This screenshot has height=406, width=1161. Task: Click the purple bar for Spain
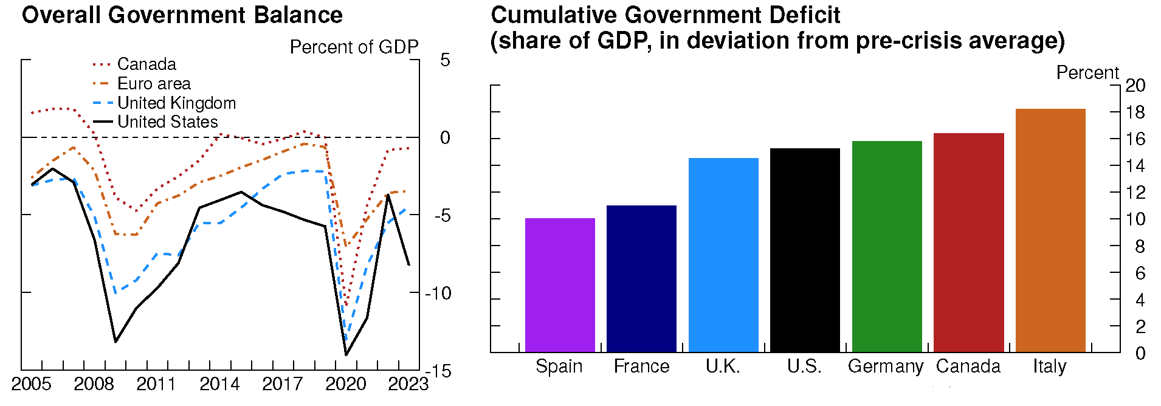click(560, 285)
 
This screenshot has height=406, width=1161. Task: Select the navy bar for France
click(641, 279)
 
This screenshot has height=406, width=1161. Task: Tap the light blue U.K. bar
click(723, 255)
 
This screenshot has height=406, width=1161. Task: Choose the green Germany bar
click(887, 247)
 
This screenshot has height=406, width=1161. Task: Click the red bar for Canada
click(968, 243)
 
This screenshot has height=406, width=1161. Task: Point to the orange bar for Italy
click(1050, 230)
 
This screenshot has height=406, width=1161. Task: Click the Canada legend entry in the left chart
click(146, 64)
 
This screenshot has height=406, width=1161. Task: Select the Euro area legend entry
click(153, 83)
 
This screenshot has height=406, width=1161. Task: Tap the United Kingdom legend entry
click(176, 103)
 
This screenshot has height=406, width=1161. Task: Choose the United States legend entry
click(167, 122)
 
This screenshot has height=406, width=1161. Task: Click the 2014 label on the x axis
click(219, 384)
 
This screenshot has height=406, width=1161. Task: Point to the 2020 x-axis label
click(345, 384)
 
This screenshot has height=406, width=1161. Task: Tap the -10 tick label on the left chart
click(438, 293)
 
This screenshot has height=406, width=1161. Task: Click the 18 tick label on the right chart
click(1135, 112)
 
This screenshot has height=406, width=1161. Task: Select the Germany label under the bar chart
click(885, 366)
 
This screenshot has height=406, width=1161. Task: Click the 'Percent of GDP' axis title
click(354, 47)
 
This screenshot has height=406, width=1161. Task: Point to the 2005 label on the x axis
click(31, 384)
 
